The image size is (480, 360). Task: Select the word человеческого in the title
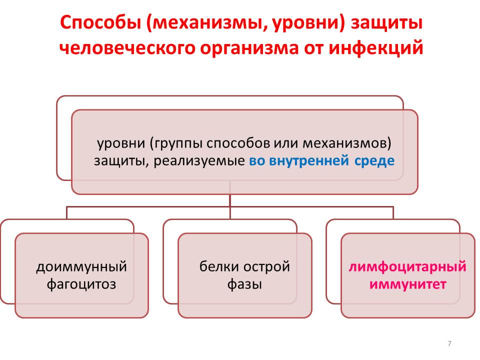127,48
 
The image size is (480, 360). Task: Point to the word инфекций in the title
375,48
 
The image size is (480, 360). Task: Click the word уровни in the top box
121,143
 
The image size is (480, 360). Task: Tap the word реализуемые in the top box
199,160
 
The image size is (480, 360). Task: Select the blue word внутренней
308,160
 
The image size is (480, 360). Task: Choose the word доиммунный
81,267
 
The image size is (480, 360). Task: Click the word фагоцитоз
81,284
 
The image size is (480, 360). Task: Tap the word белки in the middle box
217,266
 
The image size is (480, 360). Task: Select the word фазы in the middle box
244,284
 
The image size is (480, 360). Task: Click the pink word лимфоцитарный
407,267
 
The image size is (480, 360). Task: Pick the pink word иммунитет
407,284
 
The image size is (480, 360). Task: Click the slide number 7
449,343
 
